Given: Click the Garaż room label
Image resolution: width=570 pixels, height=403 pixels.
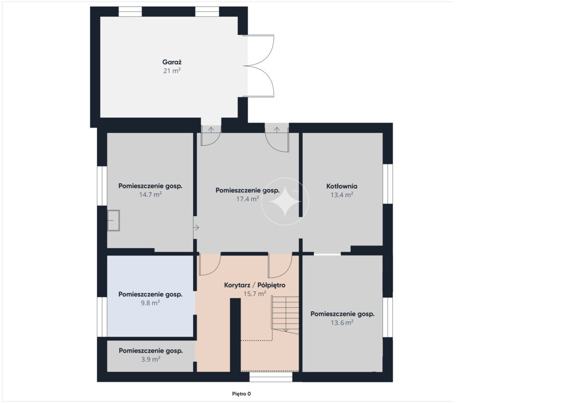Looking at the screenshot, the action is (x=172, y=62).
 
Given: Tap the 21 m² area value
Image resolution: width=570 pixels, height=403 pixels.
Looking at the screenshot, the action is (x=172, y=71).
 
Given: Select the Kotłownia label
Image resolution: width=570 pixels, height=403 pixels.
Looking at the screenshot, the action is (x=342, y=186).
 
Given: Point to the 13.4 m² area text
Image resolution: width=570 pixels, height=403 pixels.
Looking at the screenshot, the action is (x=342, y=195).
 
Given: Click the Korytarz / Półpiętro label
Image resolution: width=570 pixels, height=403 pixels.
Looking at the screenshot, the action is (x=254, y=285).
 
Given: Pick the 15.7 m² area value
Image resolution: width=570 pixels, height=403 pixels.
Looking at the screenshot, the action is (x=254, y=293).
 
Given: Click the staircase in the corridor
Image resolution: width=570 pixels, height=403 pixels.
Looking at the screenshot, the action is (x=286, y=314).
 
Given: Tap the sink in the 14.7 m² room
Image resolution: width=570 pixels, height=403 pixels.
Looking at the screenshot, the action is (x=114, y=220).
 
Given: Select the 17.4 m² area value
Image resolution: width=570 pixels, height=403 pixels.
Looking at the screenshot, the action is (x=248, y=199).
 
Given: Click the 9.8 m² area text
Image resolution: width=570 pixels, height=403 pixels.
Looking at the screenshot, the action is (x=150, y=303).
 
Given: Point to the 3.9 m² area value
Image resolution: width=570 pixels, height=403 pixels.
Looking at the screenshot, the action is (x=150, y=359).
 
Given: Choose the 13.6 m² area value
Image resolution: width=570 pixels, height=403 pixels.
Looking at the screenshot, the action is (x=342, y=322).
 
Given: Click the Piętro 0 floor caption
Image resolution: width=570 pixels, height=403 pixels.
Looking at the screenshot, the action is (x=242, y=394).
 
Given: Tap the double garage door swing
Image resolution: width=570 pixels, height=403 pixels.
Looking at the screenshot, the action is (x=258, y=66).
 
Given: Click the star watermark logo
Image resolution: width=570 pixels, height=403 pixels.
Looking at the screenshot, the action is (x=285, y=202).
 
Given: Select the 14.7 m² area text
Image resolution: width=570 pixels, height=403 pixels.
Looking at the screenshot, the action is (x=150, y=194).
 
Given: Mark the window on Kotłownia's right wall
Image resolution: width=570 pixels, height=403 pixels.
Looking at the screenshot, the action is (x=388, y=184).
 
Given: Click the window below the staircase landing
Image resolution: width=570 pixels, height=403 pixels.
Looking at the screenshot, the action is (x=271, y=377).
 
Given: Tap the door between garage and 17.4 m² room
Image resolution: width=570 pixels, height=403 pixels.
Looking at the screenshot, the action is (x=211, y=135).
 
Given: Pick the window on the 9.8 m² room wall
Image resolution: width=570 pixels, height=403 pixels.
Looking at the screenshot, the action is (x=102, y=317).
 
